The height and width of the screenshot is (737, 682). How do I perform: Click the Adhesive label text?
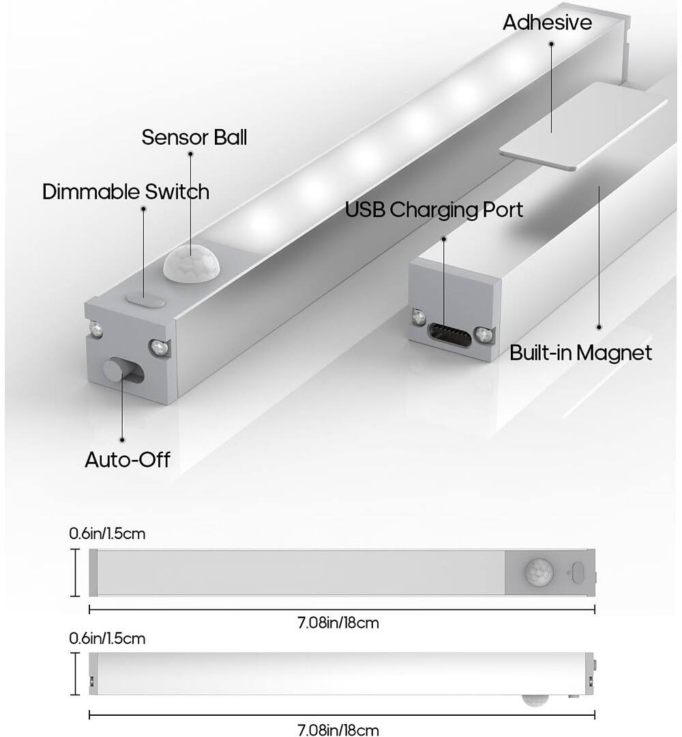[x=547, y=23]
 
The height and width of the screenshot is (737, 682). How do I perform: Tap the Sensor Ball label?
[x=194, y=137]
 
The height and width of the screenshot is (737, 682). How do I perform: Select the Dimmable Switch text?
[x=125, y=192]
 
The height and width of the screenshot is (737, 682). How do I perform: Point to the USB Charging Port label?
[x=434, y=209]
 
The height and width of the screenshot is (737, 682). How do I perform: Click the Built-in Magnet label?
[x=581, y=353]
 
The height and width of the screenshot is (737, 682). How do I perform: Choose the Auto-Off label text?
[x=127, y=459]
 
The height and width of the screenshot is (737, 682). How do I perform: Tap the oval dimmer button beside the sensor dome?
[x=145, y=299]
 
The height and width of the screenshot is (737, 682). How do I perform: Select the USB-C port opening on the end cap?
[x=450, y=334]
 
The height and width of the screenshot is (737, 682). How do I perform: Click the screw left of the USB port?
[x=418, y=317]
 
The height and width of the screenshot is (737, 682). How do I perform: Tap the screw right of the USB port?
[x=484, y=334]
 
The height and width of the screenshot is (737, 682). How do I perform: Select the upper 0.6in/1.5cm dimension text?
[x=107, y=534]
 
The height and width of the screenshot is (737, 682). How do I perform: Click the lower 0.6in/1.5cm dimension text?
[x=107, y=639]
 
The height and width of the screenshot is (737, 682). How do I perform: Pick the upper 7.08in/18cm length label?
[x=338, y=622]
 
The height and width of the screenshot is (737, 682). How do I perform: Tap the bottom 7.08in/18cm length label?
[x=338, y=729]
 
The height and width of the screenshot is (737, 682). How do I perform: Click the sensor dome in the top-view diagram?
[x=539, y=573]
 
